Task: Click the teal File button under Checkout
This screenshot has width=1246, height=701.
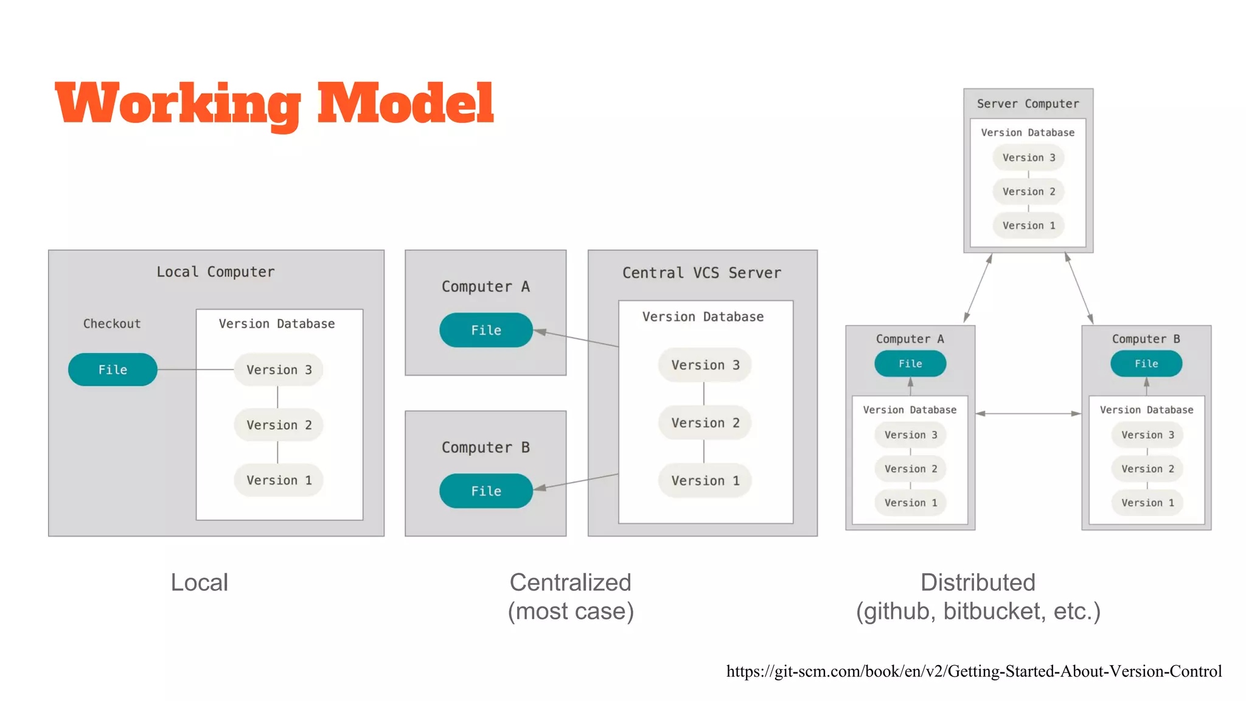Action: [113, 369]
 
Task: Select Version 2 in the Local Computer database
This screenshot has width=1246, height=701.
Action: [279, 425]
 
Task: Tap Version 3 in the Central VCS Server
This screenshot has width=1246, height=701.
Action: [705, 364]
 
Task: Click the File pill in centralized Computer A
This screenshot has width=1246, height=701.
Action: [486, 330]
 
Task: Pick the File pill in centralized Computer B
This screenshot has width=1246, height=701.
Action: [486, 490]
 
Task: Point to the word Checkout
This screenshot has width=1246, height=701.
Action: [112, 324]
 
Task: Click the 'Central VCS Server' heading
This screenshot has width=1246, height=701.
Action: [701, 273]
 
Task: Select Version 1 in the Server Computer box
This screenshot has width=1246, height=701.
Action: [1028, 225]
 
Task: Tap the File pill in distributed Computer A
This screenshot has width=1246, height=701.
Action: [910, 363]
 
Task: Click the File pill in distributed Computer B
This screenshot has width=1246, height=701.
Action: [1146, 363]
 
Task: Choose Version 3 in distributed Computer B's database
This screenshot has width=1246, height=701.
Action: [1147, 434]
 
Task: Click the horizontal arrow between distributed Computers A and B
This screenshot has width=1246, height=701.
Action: [1028, 414]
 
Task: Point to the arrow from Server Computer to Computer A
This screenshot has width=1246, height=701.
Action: [978, 288]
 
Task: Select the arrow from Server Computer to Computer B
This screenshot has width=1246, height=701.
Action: [1079, 288]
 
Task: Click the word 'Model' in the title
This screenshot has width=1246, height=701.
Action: [405, 103]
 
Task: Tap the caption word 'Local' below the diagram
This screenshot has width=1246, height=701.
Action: [199, 582]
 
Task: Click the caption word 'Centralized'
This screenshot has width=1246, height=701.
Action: [570, 582]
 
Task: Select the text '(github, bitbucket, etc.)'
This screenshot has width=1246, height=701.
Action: [978, 611]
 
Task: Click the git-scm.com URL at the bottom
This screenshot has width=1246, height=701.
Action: [973, 671]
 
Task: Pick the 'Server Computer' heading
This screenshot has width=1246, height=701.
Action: [1028, 103]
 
